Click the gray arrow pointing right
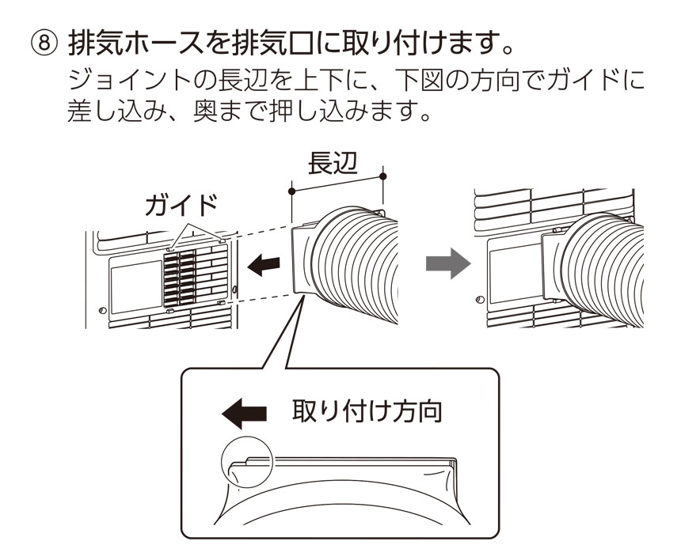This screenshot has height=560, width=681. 442,267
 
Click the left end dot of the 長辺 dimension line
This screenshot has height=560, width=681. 292,191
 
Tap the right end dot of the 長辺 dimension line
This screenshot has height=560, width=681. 383,176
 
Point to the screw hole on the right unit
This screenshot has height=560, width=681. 477,301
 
